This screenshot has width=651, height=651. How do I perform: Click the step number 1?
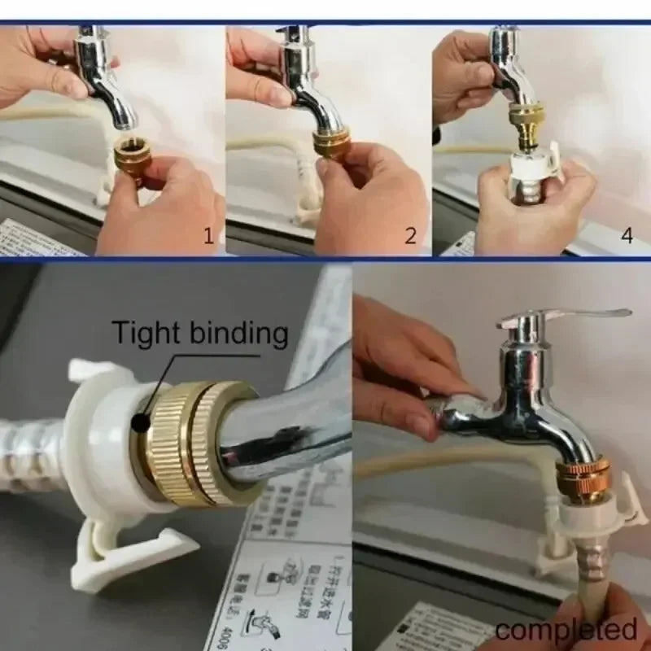208,236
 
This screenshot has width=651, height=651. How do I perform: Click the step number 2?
411,236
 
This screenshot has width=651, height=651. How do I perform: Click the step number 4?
626,235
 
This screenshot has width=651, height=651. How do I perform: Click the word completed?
566,629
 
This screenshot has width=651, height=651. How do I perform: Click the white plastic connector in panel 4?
533,167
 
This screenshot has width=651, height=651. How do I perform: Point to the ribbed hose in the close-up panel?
33,456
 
